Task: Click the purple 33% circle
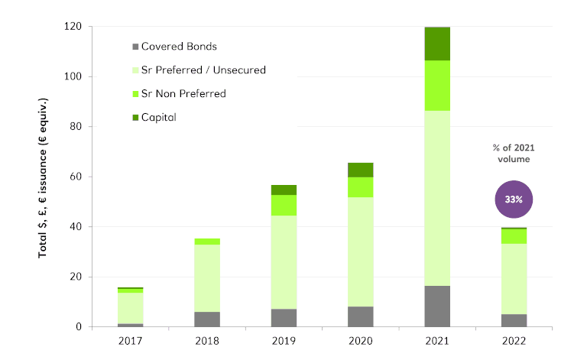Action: pyautogui.click(x=513, y=199)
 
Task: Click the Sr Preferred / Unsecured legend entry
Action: pyautogui.click(x=201, y=70)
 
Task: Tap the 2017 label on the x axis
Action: pyautogui.click(x=131, y=342)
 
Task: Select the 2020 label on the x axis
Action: pyautogui.click(x=360, y=342)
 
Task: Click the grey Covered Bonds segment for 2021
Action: pyautogui.click(x=437, y=306)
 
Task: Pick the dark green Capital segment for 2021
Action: pyautogui.click(x=437, y=44)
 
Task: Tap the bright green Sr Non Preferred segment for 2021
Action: pyautogui.click(x=437, y=86)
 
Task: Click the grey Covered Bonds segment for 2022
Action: pyautogui.click(x=514, y=320)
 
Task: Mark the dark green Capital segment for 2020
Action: pyautogui.click(x=360, y=170)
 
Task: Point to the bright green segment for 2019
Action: pyautogui.click(x=284, y=205)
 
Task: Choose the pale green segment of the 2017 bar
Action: pyautogui.click(x=131, y=308)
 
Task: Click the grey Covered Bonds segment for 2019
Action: pyautogui.click(x=284, y=317)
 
